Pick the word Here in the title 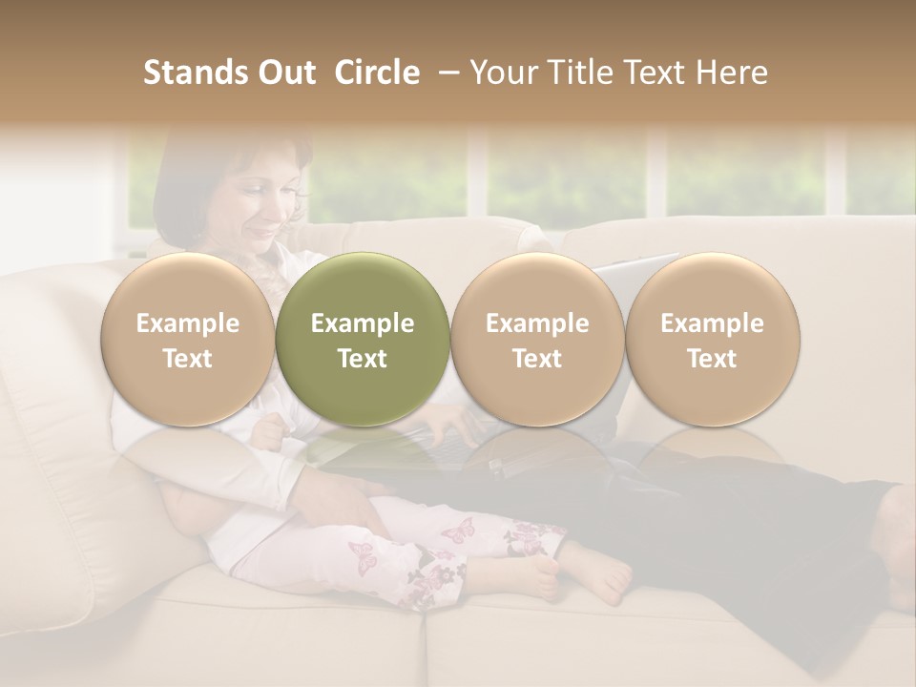(732, 73)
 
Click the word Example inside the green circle (363, 323)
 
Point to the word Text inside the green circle (363, 359)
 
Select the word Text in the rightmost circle (712, 359)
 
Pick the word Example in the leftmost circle (188, 323)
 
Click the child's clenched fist (273, 432)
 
